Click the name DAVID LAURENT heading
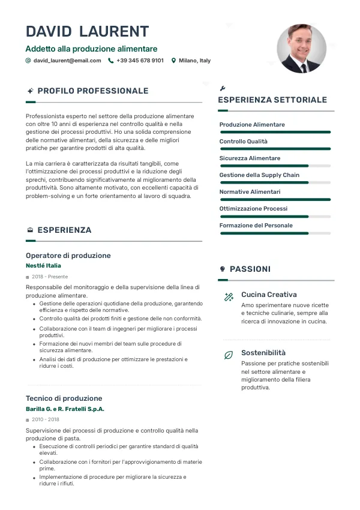point(88,32)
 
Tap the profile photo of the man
point(301,49)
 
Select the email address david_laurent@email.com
point(67,61)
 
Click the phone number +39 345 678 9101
point(140,61)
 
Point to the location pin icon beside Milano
point(173,61)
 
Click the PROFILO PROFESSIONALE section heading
point(93,91)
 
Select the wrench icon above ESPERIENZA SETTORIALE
point(223,88)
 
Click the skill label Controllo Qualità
point(244,142)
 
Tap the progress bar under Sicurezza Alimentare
point(275,166)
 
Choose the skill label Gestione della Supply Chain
point(259,175)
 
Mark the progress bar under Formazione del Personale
point(275,233)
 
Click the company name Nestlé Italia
point(43,266)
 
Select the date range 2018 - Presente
point(50,277)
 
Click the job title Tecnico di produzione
point(64,398)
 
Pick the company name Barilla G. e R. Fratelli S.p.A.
point(65,409)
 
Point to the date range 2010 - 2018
point(46,420)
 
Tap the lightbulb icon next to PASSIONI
point(223,269)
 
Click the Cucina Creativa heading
point(269,295)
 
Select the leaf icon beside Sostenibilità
point(229,355)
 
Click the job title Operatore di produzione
point(68,256)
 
